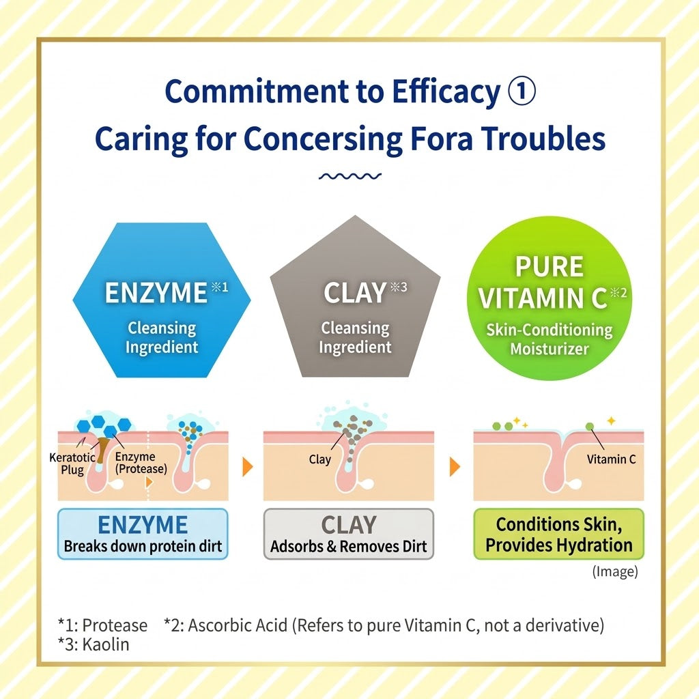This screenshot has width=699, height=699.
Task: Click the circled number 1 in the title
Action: [522, 91]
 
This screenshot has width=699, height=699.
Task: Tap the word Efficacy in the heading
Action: [446, 92]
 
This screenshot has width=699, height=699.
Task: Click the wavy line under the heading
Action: [350, 177]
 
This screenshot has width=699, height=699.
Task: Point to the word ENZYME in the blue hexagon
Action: [156, 293]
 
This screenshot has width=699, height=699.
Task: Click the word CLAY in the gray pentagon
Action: [355, 293]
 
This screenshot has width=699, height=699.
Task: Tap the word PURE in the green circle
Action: [550, 267]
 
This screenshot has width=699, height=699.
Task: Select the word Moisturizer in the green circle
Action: [550, 349]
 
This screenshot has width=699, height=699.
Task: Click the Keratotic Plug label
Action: [72, 463]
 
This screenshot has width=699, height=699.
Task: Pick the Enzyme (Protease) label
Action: [141, 463]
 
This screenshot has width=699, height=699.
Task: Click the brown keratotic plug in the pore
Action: [102, 449]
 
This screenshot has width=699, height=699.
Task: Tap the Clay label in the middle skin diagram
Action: [319, 459]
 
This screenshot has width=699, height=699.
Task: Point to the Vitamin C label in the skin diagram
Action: [611, 459]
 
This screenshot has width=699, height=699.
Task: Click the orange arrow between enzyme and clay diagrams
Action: [247, 467]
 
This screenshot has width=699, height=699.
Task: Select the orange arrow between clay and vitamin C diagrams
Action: [455, 467]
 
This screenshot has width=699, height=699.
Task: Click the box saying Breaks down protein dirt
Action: [143, 534]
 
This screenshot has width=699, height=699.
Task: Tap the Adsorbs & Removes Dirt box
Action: [349, 534]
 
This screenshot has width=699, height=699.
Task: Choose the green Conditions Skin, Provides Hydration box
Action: [558, 534]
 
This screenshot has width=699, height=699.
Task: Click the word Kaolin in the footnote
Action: [106, 644]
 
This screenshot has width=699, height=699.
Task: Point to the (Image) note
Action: [615, 571]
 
